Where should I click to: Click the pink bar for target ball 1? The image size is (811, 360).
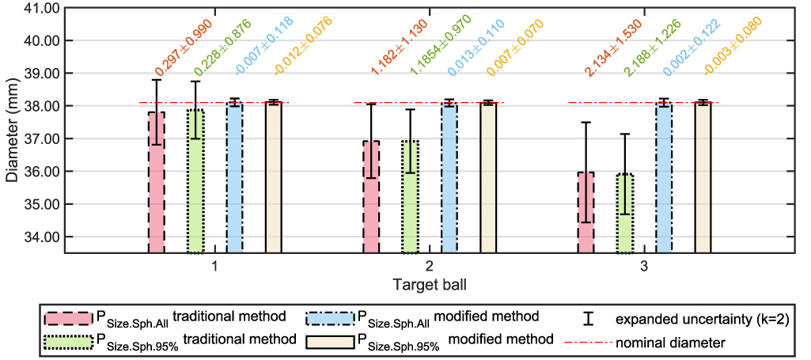pyautogui.click(x=157, y=182)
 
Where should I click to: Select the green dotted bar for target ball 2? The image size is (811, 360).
pyautogui.click(x=410, y=197)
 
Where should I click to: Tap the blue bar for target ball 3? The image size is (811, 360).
pyautogui.click(x=664, y=178)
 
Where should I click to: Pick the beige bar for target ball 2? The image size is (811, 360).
pyautogui.click(x=488, y=177)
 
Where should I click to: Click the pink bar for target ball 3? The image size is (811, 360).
pyautogui.click(x=586, y=213)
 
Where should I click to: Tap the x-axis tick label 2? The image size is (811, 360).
pyautogui.click(x=429, y=267)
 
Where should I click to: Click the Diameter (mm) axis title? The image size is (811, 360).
pyautogui.click(x=11, y=131)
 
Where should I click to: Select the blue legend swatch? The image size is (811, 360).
pyautogui.click(x=328, y=318)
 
